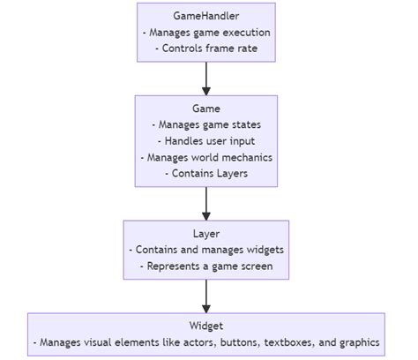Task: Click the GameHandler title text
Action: tap(206, 17)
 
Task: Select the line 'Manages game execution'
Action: tap(206, 33)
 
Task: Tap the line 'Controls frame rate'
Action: tap(206, 49)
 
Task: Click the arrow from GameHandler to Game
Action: tap(206, 79)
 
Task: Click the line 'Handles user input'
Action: tap(206, 142)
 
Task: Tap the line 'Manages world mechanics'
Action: tap(206, 158)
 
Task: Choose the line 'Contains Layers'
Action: tap(206, 174)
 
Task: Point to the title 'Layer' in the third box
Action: tap(206, 235)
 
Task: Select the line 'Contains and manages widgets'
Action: tap(206, 251)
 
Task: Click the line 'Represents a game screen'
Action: tap(206, 266)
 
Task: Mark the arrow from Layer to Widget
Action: tap(206, 296)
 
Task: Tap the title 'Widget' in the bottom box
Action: tap(206, 326)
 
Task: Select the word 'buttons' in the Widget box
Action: tap(231, 342)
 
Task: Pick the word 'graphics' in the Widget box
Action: tap(357, 342)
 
